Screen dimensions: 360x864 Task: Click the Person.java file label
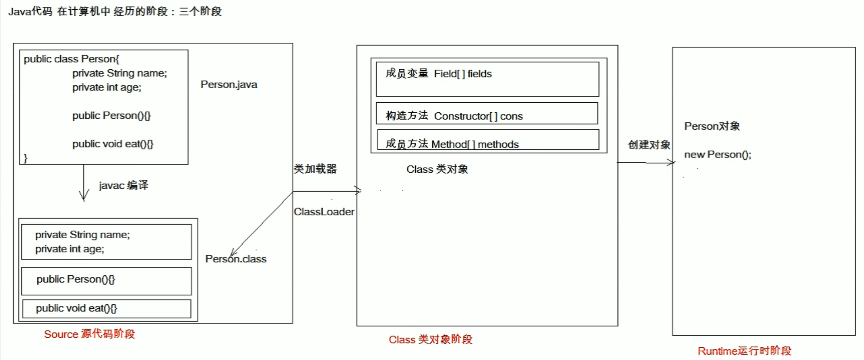[x=229, y=85]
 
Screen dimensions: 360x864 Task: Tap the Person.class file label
[x=236, y=259]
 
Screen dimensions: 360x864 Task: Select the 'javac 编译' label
[x=123, y=185]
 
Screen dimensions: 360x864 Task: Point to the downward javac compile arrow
[x=84, y=183]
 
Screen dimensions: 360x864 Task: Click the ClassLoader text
[x=324, y=212]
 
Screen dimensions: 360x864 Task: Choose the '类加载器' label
[x=315, y=169]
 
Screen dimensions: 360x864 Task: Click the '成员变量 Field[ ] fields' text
[x=438, y=74]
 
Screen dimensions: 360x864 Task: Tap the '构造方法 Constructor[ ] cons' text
[x=454, y=116]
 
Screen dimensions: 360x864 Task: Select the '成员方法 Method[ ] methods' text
[x=452, y=144]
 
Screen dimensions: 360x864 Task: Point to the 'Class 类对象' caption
[x=437, y=169]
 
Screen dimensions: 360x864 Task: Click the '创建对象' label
[x=649, y=145]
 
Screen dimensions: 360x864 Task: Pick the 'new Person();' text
[x=717, y=155]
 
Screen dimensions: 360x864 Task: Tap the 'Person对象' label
[x=712, y=126]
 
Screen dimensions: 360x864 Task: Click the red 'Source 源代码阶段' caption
[x=89, y=334]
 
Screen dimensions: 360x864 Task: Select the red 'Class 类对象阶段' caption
[x=430, y=340]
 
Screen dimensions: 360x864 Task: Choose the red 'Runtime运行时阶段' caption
[x=744, y=351]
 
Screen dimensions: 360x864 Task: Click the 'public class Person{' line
[x=71, y=59]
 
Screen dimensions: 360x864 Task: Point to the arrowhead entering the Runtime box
[x=672, y=163]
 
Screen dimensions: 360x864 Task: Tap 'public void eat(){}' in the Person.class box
[x=76, y=308]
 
